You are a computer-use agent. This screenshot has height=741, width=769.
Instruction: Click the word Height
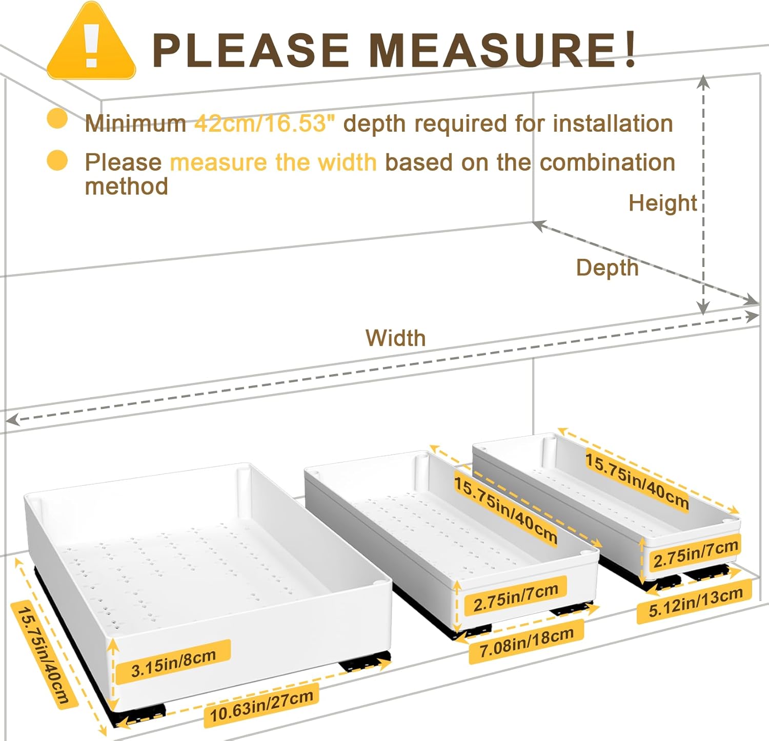662,203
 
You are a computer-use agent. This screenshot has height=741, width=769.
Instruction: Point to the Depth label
608,268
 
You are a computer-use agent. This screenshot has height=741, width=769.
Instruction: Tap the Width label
395,338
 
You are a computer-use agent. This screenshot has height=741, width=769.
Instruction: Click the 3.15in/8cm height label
173,663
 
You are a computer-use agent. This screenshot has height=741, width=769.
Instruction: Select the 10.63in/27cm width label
261,706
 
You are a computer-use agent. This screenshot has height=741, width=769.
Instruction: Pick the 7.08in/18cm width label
527,642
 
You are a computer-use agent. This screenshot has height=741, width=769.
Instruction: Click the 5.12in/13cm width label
695,602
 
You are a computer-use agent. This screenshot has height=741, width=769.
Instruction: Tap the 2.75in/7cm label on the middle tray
515,597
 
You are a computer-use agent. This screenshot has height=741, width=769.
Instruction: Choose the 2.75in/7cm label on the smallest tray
695,554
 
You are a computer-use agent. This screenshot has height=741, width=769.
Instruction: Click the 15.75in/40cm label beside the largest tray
44,657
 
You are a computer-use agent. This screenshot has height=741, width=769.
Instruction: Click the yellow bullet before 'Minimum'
57,119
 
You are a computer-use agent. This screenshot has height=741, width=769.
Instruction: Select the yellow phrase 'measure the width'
273,163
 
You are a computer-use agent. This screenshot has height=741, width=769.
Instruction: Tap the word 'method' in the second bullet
127,186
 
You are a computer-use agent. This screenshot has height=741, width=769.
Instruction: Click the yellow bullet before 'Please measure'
57,160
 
